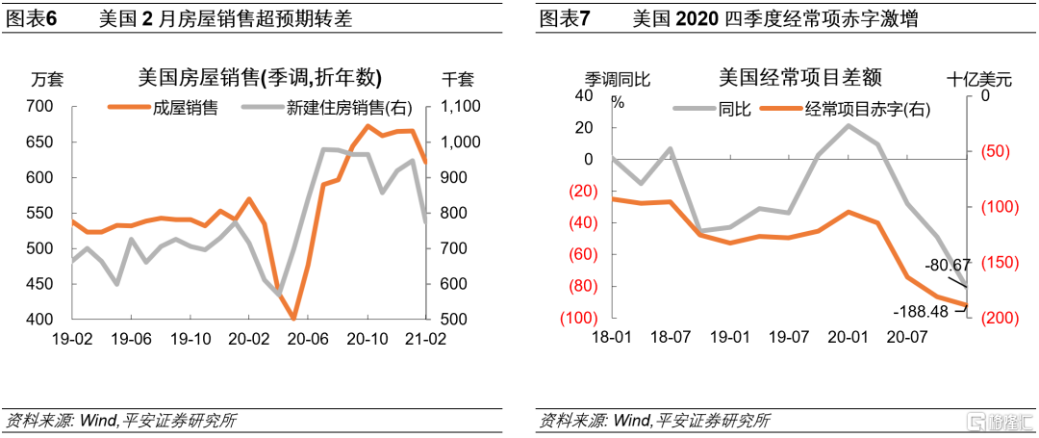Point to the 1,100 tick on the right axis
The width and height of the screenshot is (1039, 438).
(x=464, y=107)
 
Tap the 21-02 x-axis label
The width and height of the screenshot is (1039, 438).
(x=425, y=340)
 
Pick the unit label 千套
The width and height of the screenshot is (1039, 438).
(x=458, y=79)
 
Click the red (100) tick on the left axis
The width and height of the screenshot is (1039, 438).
(x=577, y=319)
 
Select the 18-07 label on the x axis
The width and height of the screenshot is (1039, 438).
(x=671, y=340)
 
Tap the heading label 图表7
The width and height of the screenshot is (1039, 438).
(x=564, y=18)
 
